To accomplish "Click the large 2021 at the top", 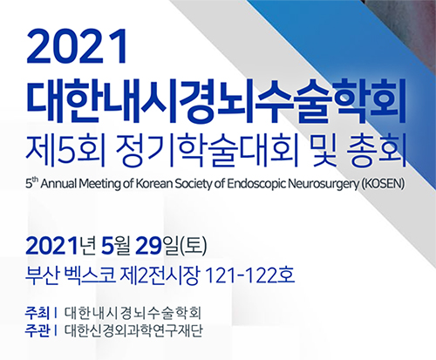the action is tap(77, 46).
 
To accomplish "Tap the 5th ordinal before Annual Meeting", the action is tap(32, 183).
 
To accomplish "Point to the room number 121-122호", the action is tap(249, 275).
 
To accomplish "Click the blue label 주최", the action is tap(37, 313).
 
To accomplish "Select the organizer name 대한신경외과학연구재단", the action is tap(133, 331).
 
